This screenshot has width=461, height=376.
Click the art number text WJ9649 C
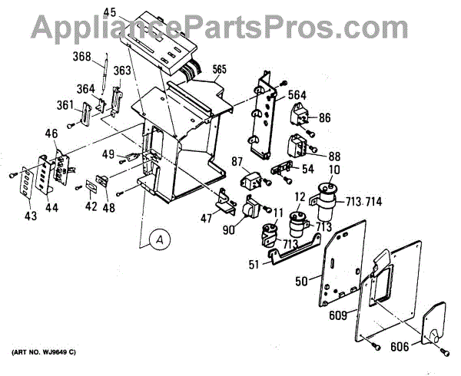coord(45,352)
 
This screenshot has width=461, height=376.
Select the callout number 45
coord(109,12)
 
